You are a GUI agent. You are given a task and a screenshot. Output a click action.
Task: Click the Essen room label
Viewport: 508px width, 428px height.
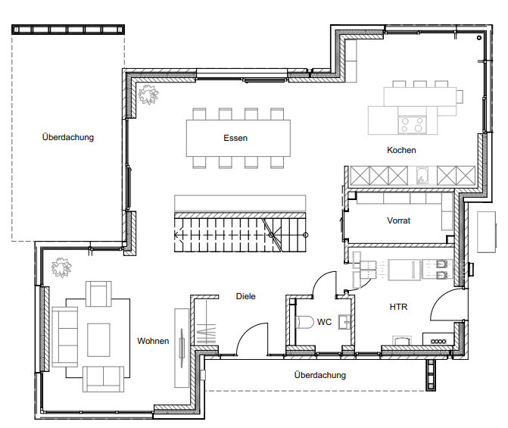coord(235,138)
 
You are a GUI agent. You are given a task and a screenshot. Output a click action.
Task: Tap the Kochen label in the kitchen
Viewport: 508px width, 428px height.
coord(401,150)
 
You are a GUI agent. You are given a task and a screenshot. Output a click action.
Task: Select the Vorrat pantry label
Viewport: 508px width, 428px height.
coord(398,220)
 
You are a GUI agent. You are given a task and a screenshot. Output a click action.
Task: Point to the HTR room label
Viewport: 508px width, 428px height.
coord(398,307)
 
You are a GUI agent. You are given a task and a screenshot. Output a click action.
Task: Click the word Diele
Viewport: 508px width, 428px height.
coord(245,296)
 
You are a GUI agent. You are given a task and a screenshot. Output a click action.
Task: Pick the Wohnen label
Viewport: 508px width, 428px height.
coord(153,341)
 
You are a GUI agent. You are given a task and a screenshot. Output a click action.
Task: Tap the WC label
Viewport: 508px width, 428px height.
coord(324,322)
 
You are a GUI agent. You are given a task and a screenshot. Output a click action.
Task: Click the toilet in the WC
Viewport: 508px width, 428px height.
coord(304,322)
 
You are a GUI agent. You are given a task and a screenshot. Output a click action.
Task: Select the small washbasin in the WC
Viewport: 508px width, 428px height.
coord(344,322)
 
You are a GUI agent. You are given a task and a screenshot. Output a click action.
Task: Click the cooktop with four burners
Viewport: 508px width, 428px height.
coord(412,124)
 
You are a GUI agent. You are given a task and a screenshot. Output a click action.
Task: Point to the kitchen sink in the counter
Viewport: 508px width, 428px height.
coord(422,176)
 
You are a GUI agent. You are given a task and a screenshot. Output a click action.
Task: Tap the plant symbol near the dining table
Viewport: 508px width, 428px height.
coord(148,95)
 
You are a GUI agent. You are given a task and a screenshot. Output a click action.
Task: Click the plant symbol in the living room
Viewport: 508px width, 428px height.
coord(61,267)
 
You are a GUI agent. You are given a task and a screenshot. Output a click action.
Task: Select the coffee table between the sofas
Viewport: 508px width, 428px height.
coord(98,339)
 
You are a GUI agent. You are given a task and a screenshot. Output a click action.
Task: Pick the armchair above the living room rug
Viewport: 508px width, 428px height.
coord(98,294)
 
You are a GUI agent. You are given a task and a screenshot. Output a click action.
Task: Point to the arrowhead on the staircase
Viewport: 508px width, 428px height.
coord(176,235)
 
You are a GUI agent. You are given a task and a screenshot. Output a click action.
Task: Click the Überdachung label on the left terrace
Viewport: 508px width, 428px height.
coord(68,137)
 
